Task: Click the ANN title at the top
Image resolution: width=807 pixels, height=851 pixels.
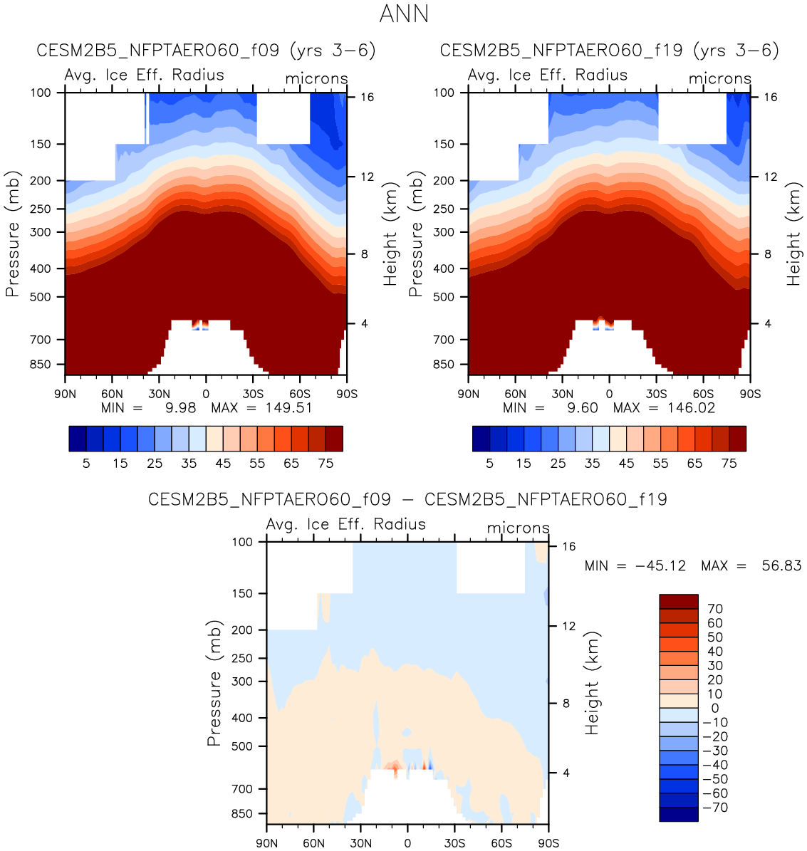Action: pos(404,14)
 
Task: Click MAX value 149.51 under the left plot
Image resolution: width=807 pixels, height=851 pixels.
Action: pos(287,408)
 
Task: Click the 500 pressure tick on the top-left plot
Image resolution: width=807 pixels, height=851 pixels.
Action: pos(42,297)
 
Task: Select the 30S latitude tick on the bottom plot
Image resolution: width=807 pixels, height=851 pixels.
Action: pos(454,843)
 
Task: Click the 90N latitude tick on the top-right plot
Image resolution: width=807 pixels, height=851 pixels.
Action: pos(468,394)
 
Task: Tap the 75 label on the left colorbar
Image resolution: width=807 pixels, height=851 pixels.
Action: pos(326,464)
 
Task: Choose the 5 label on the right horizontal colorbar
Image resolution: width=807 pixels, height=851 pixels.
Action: pos(489,464)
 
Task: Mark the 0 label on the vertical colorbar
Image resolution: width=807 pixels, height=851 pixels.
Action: pos(714,709)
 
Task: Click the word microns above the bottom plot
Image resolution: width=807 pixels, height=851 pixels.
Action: pos(518,528)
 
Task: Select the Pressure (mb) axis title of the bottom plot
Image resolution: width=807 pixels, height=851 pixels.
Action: pos(214,684)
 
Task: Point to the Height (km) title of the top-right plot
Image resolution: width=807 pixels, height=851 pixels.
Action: pos(793,235)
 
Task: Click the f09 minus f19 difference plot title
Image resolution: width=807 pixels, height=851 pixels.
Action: pos(407,499)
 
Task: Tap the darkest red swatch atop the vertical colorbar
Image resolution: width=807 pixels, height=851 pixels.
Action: pos(678,602)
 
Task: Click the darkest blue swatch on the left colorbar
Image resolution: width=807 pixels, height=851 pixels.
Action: pos(78,439)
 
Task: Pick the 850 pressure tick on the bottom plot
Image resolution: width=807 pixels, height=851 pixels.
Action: pos(243,813)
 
